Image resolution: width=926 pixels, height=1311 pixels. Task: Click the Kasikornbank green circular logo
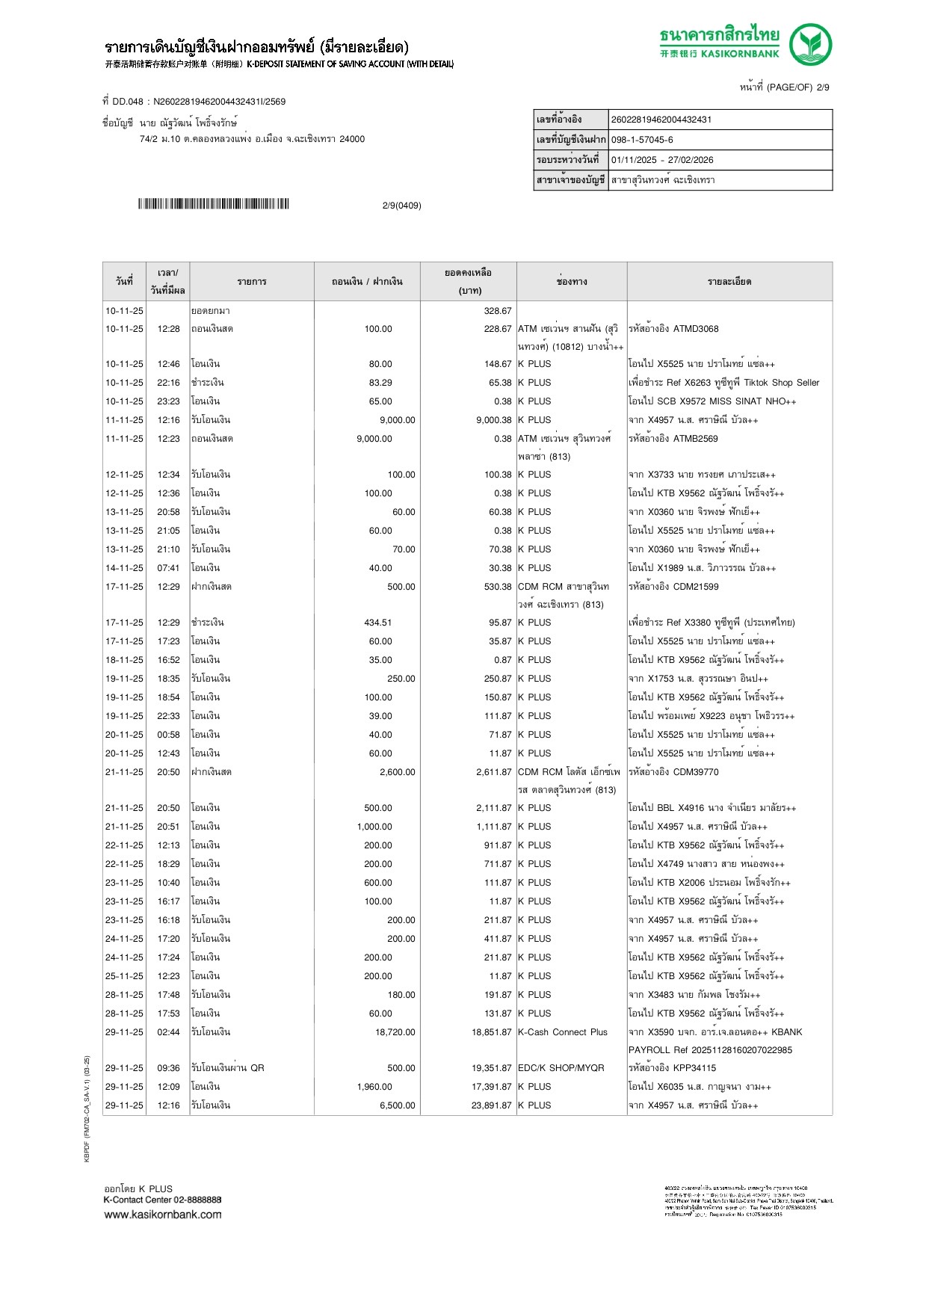pyautogui.click(x=810, y=44)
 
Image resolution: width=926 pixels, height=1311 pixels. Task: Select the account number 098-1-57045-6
pyautogui.click(x=642, y=140)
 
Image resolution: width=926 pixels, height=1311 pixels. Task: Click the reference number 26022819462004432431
pyautogui.click(x=661, y=120)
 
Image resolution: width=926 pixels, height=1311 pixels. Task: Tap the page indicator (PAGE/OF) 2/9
pyautogui.click(x=784, y=87)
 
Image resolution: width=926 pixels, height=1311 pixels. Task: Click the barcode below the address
pyautogui.click(x=213, y=204)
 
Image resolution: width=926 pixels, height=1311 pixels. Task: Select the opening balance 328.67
pyautogui.click(x=497, y=311)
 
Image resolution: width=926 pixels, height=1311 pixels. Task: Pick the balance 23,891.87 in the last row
pyautogui.click(x=491, y=1105)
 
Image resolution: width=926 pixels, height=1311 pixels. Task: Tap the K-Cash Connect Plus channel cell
pyautogui.click(x=563, y=1032)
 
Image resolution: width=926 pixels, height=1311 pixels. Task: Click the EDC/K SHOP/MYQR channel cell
pyautogui.click(x=561, y=1068)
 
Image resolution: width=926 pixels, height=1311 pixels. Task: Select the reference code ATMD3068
pyautogui.click(x=695, y=329)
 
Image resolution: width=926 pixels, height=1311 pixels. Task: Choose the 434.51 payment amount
pyautogui.click(x=377, y=623)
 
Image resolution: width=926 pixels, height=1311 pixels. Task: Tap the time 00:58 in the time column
pyautogui.click(x=168, y=735)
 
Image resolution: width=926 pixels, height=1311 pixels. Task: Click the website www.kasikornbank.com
pyautogui.click(x=162, y=1215)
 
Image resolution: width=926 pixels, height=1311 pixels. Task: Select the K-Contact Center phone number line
pyautogui.click(x=162, y=1200)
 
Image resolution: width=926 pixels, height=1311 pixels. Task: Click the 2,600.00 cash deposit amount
pyautogui.click(x=397, y=772)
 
